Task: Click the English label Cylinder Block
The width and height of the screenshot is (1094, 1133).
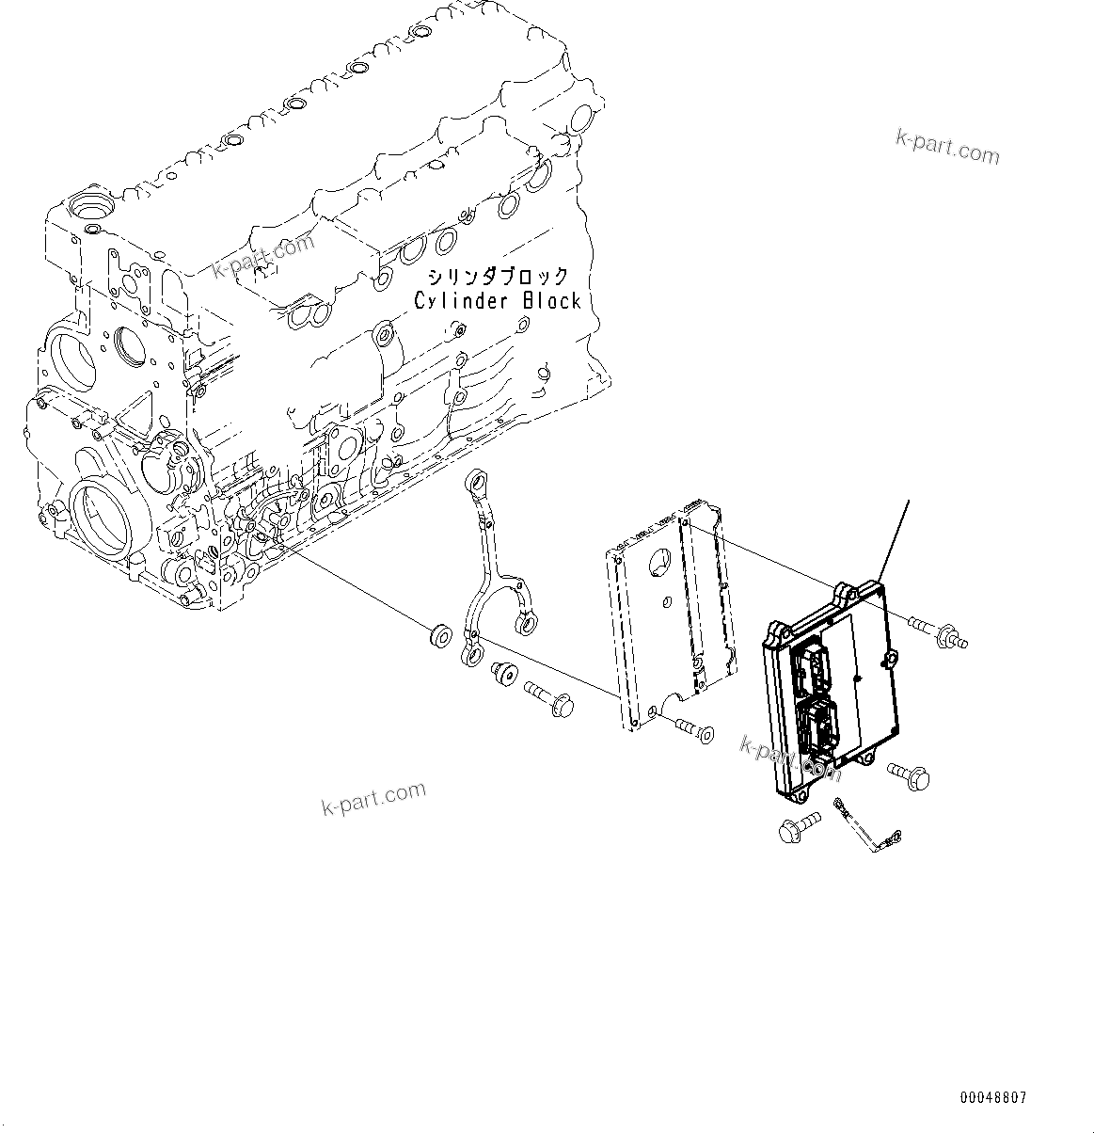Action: coord(498,300)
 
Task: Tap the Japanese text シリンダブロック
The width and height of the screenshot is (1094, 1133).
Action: coord(498,277)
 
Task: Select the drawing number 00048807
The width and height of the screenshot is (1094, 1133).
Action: coord(993,1097)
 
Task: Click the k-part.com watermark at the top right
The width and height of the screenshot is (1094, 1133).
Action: coord(947,147)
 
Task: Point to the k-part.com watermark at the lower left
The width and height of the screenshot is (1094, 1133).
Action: coord(373,799)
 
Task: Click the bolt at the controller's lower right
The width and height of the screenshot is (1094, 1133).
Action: coord(908,775)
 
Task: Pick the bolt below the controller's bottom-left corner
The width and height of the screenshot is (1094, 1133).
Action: coord(795,831)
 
